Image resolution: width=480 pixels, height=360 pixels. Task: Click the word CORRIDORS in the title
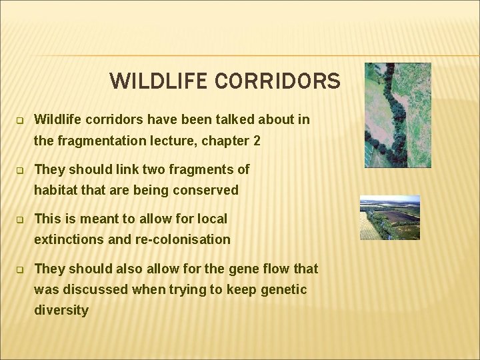pos(278,81)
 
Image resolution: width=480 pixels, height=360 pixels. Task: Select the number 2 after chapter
pos(257,141)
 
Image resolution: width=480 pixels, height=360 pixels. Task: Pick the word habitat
pos(57,190)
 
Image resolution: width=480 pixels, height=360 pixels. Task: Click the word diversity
pos(61,310)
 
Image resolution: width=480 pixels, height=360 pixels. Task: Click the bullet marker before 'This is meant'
pos(20,219)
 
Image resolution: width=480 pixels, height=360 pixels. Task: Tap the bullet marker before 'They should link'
pos(20,170)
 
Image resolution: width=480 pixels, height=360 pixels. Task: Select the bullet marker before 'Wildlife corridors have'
pos(20,121)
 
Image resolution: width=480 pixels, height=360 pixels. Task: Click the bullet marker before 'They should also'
pos(20,269)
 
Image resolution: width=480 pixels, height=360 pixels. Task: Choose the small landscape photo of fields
pos(389,217)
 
